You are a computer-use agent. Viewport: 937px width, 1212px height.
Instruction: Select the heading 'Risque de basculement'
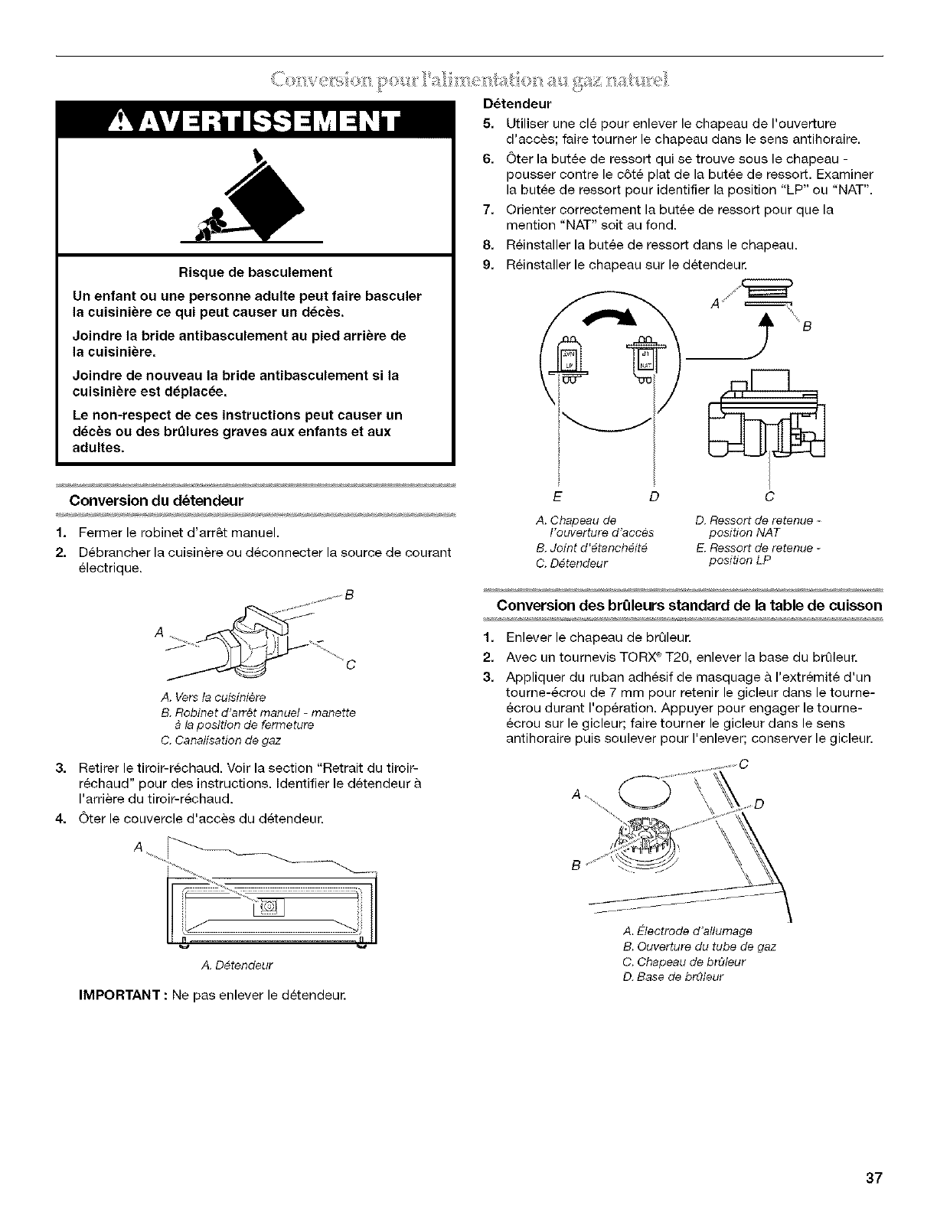click(255, 272)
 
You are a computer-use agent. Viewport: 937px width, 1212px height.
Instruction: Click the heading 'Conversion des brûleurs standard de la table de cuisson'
click(690, 605)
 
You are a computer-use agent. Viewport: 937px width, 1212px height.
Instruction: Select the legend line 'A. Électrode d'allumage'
click(688, 931)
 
